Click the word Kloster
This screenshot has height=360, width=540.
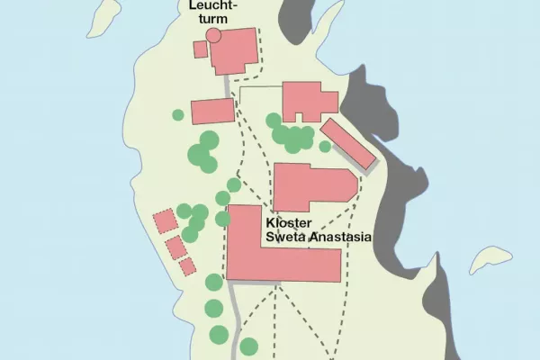[x=288, y=222]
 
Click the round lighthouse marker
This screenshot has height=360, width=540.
[x=213, y=35]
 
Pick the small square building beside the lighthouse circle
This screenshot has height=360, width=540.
[x=201, y=49]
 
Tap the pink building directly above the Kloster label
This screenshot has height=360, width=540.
[x=310, y=186]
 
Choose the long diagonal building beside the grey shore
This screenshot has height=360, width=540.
[x=348, y=143]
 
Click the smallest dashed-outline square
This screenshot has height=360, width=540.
[x=187, y=266]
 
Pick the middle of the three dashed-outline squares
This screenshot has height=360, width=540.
[x=175, y=246]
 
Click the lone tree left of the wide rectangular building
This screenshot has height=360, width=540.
[x=178, y=114]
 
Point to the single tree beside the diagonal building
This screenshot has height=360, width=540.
[x=325, y=147]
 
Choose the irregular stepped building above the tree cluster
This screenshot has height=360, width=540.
[x=306, y=101]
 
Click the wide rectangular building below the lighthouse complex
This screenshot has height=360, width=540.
[x=212, y=111]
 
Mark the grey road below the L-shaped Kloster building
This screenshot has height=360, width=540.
[x=234, y=315]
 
